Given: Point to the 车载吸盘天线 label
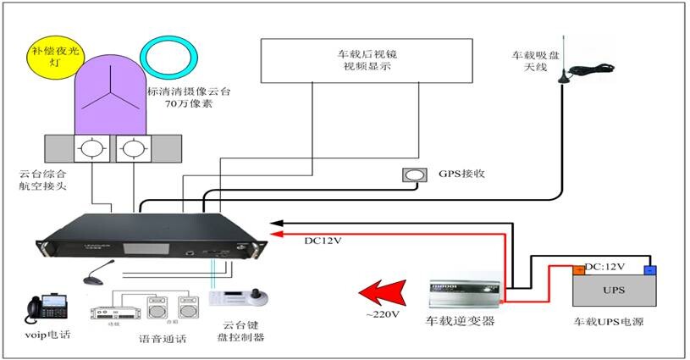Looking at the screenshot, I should pyautogui.click(x=530, y=61).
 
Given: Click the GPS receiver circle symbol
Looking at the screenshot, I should pyautogui.click(x=415, y=175).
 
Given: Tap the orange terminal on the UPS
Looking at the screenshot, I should pyautogui.click(x=580, y=270).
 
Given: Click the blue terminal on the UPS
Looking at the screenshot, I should pyautogui.click(x=650, y=270).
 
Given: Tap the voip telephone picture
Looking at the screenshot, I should pyautogui.click(x=44, y=308).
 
